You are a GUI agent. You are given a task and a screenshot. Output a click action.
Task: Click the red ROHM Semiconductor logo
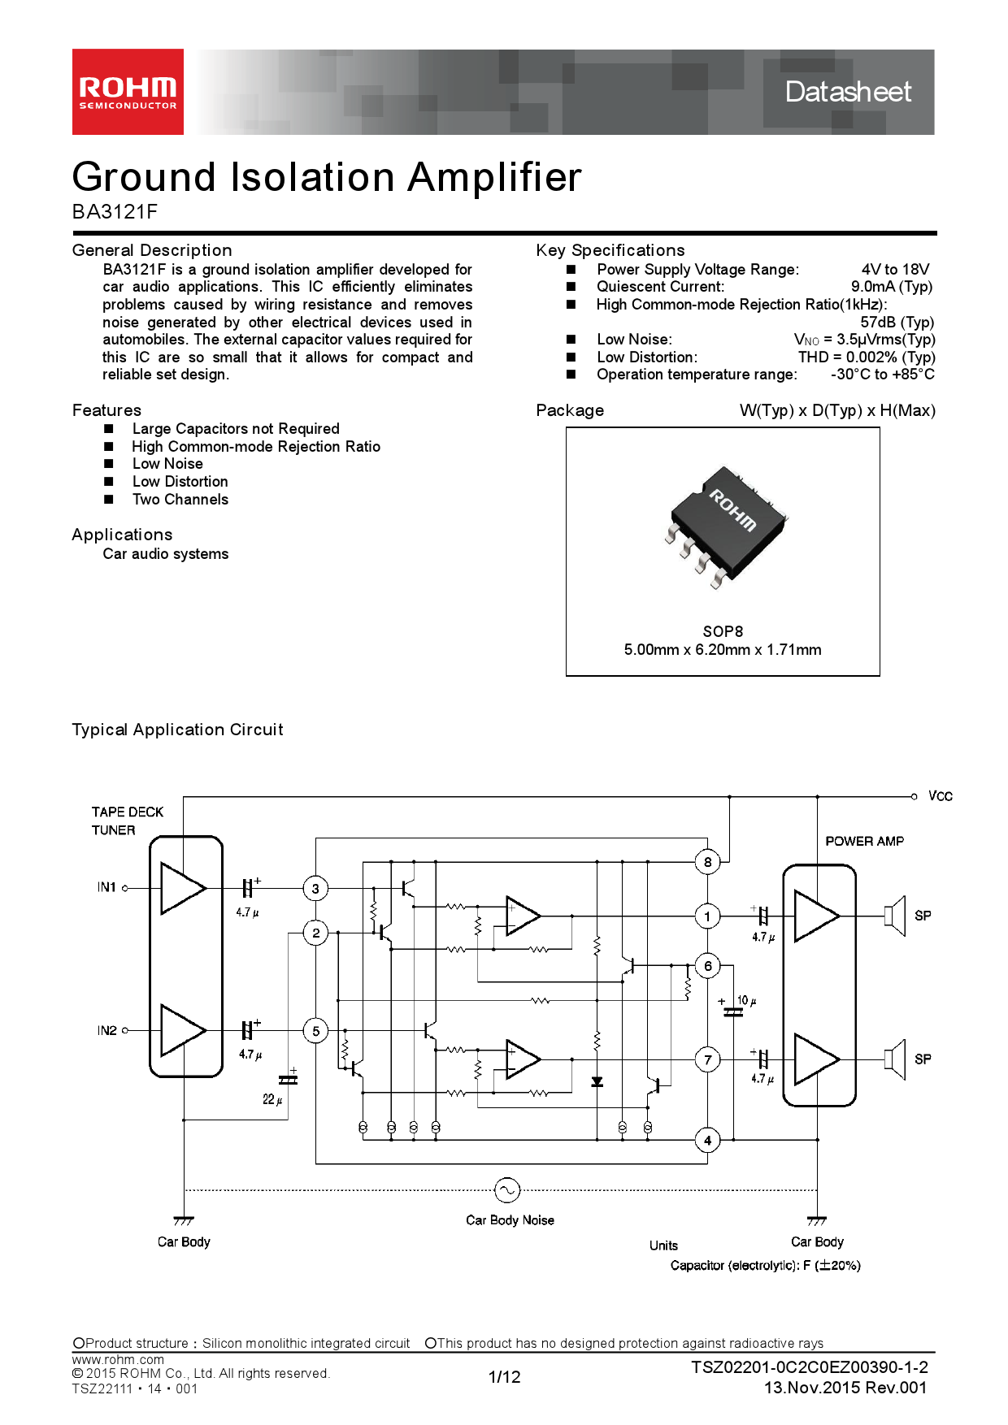coord(128,92)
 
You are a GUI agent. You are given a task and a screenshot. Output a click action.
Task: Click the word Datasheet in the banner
coord(848,92)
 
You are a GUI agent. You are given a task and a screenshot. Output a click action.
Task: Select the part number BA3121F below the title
coord(115,212)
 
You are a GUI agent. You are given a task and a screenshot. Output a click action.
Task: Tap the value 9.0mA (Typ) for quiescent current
coord(891,287)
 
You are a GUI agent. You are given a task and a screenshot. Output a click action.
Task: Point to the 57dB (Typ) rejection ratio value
coord(897,322)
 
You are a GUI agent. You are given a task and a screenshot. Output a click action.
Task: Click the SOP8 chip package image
coord(725,526)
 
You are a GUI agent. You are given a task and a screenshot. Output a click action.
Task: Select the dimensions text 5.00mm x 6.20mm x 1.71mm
coord(722,650)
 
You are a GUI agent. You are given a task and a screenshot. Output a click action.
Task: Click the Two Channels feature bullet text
coord(180,500)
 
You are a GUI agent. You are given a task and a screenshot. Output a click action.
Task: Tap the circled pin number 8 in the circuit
coord(707,862)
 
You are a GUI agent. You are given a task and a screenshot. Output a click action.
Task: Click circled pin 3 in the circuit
coord(315,889)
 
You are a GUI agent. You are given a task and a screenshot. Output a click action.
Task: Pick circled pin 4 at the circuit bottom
coord(707,1141)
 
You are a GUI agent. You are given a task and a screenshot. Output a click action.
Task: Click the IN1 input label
coord(106,887)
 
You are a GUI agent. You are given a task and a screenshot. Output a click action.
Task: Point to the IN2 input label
coord(106,1030)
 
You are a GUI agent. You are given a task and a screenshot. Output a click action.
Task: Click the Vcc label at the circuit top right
coord(940,796)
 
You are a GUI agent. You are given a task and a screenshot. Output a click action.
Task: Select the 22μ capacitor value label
coord(272,1099)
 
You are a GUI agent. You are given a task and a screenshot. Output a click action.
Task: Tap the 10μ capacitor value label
coord(746,1001)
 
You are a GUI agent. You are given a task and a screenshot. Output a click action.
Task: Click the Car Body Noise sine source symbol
coord(506,1190)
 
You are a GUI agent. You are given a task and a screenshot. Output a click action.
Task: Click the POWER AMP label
coord(864,842)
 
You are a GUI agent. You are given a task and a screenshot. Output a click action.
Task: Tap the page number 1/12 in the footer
coord(504,1376)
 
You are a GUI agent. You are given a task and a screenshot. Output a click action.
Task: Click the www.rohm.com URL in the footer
coord(118,1359)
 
